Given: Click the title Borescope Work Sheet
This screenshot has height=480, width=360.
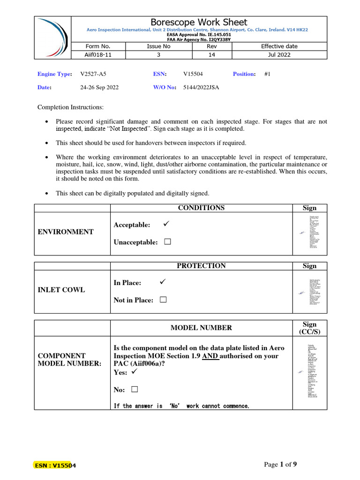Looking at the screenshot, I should point(199,22).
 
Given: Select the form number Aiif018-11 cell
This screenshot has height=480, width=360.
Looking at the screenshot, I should point(98,54).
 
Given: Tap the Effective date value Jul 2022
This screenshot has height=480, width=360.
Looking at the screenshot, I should point(279,54).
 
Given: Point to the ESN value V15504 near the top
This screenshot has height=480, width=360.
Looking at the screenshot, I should point(193,74).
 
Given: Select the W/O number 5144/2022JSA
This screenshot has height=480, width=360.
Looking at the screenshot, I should point(201,87).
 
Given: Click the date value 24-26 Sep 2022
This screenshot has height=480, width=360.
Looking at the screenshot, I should point(99,87).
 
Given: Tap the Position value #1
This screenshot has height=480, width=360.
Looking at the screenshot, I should point(268,74).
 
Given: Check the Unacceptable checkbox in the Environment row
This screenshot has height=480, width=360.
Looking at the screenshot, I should point(168,242).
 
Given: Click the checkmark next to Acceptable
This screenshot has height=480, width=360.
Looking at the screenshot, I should point(165,225).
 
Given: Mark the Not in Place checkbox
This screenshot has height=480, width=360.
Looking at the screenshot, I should point(163,300).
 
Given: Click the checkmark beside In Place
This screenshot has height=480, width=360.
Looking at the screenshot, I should point(163,282).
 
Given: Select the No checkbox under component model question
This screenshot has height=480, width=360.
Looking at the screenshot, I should point(135,390).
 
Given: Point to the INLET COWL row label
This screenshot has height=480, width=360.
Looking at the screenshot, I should point(61,290).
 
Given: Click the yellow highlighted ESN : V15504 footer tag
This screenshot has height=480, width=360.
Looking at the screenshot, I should point(55,465).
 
